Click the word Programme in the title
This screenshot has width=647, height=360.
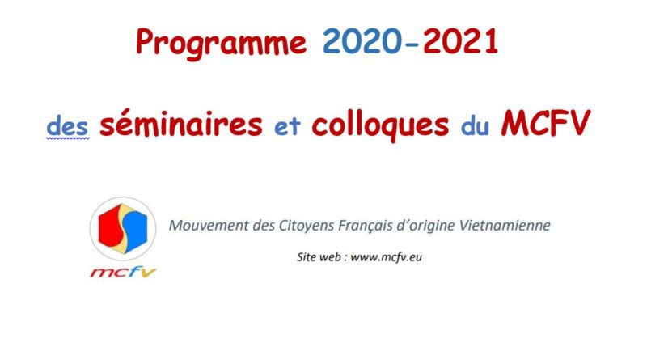(x=222, y=43)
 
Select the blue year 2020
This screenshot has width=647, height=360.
(x=362, y=42)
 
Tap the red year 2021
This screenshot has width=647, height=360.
(x=460, y=42)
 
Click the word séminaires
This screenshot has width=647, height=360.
(x=180, y=124)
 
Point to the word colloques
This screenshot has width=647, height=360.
(x=380, y=125)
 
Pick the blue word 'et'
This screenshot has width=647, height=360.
(x=287, y=127)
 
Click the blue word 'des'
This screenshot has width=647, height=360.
(x=67, y=126)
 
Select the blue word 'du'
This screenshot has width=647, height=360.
(x=475, y=126)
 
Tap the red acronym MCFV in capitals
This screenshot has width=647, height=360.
(x=545, y=123)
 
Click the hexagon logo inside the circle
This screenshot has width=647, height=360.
(x=123, y=229)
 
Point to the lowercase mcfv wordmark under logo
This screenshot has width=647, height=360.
(x=123, y=272)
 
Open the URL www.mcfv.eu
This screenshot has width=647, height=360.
(x=387, y=257)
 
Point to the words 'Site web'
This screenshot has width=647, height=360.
(x=319, y=256)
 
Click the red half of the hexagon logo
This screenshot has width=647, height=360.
(x=109, y=227)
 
